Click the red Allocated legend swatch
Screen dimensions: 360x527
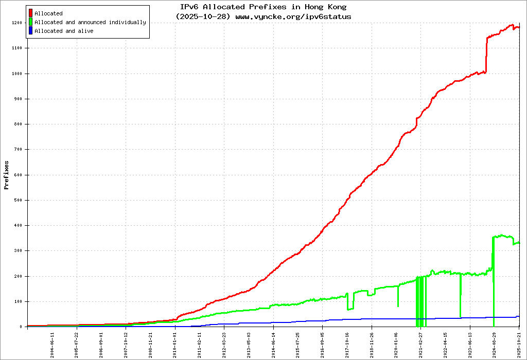pyautogui.click(x=31, y=13)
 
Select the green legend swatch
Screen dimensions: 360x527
pyautogui.click(x=31, y=22)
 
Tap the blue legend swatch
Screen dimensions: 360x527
pyautogui.click(x=31, y=31)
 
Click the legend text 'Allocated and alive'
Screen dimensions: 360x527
pyautogui.click(x=64, y=31)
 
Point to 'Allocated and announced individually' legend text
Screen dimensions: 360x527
pyautogui.click(x=90, y=22)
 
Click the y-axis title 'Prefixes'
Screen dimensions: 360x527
pyautogui.click(x=7, y=175)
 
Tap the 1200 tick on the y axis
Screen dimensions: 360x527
pyautogui.click(x=16, y=23)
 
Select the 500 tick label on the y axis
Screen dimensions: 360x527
pyautogui.click(x=18, y=200)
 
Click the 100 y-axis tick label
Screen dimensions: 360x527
pyautogui.click(x=18, y=301)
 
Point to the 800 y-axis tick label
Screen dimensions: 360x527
pyautogui.click(x=18, y=124)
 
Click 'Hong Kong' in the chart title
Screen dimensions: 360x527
pyautogui.click(x=325, y=7)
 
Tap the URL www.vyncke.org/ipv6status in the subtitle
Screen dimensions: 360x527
pyautogui.click(x=293, y=16)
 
